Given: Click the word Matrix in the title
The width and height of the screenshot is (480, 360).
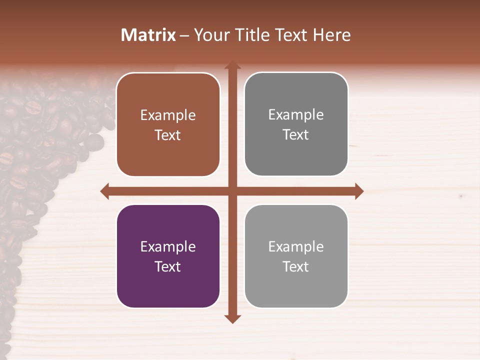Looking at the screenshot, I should click(148, 35).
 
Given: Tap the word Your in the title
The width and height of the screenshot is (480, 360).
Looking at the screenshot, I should click(210, 35).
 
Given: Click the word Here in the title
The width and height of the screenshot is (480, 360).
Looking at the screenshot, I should click(332, 35).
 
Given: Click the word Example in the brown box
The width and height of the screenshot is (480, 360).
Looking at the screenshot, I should click(168, 115).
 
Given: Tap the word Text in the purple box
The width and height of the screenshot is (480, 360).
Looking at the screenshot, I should click(168, 266).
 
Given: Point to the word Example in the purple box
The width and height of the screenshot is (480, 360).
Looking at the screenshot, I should click(168, 247).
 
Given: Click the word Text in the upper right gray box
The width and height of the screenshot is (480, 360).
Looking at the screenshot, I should click(296, 135).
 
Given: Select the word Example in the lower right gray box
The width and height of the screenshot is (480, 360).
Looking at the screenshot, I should click(296, 247).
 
